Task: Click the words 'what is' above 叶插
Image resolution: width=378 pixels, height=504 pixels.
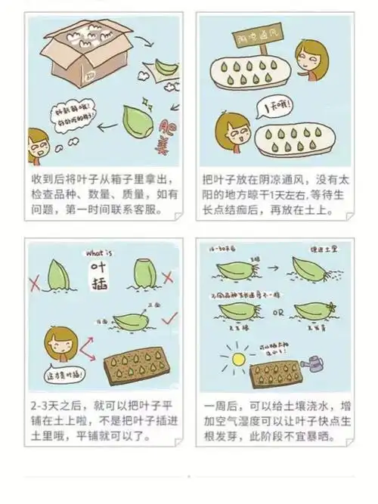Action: [x=100, y=254]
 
